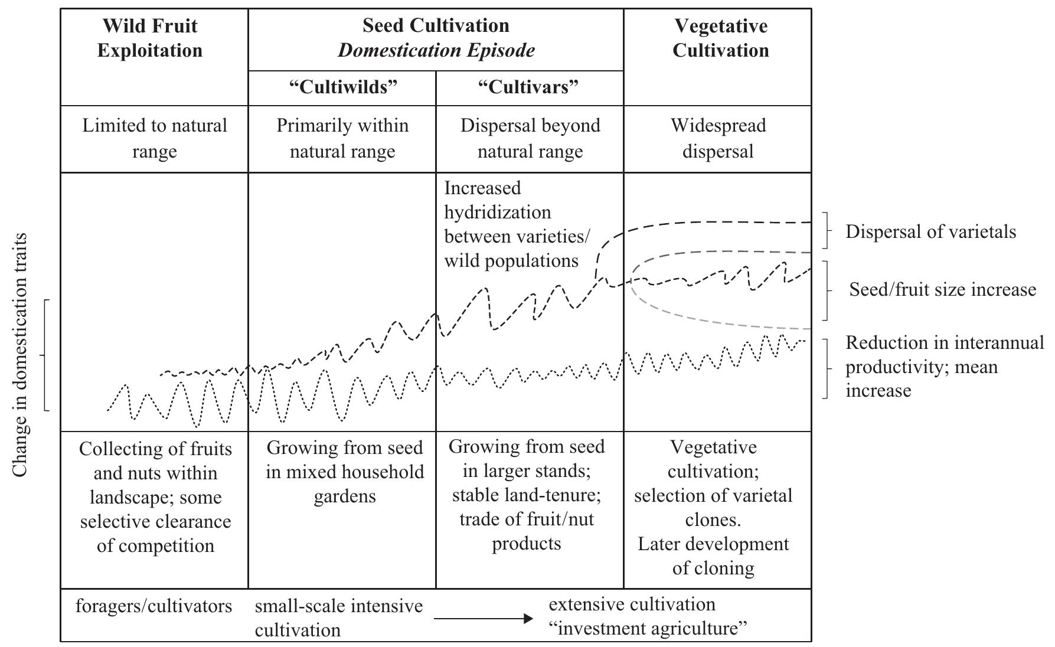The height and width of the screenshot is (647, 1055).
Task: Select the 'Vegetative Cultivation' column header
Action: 720,38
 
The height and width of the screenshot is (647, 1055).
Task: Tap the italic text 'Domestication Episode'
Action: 436,50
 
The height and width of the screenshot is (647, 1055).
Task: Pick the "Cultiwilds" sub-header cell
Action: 343,87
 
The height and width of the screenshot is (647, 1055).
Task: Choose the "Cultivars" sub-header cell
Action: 528,87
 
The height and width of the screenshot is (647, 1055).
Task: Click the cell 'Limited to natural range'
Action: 154,138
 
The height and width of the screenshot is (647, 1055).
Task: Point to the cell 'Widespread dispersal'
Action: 718,138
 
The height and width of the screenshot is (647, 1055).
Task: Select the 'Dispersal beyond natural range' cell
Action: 530,138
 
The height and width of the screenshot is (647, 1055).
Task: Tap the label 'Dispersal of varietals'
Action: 930,231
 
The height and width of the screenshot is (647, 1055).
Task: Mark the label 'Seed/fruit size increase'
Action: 942,289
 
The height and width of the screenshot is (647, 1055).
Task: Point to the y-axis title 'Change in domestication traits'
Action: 20,354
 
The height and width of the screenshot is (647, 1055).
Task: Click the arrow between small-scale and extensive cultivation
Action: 482,619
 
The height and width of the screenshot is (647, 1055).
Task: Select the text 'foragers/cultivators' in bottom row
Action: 154,606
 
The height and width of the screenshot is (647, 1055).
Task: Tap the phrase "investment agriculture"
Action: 649,629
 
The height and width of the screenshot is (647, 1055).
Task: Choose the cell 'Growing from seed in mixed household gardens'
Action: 344,472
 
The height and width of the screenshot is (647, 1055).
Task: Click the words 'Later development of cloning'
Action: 713,555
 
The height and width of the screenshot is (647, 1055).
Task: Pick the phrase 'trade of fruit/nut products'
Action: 527,531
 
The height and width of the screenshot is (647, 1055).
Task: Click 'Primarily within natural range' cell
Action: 342,138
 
